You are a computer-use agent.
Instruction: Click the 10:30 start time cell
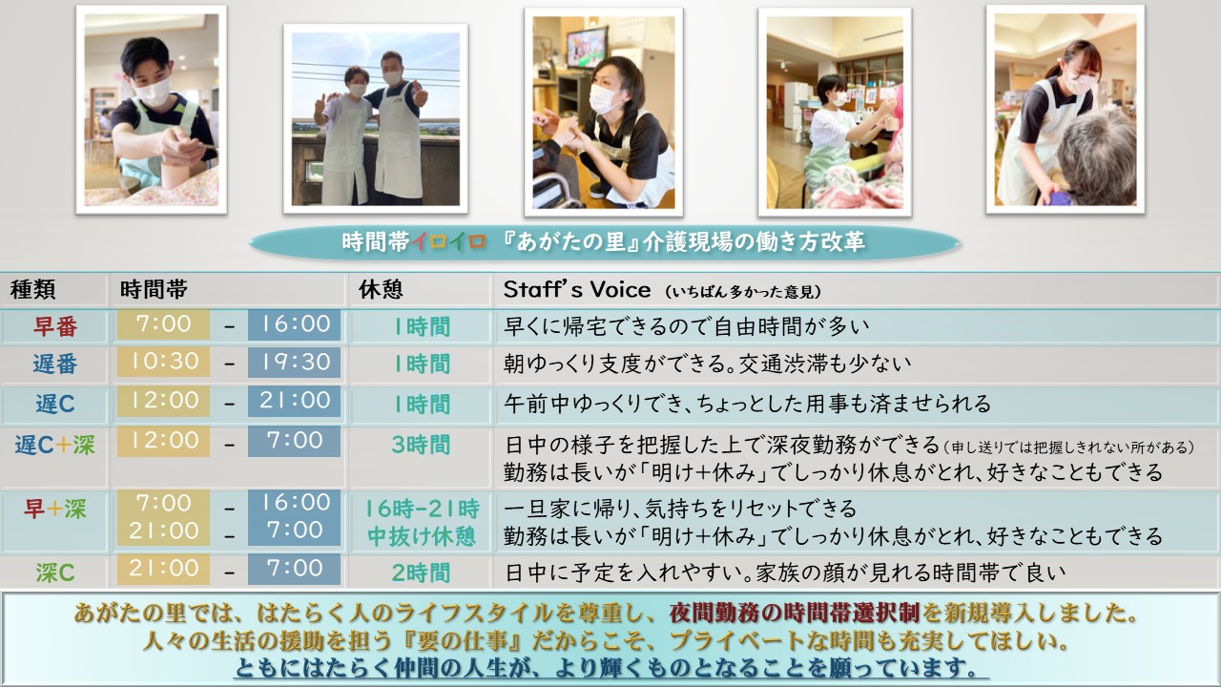(163, 362)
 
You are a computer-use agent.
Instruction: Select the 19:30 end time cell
(295, 362)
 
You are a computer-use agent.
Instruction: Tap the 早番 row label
(55, 326)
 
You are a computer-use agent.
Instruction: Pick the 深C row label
(55, 572)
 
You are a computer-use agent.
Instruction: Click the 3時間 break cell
(421, 445)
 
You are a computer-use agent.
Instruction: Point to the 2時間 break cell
(421, 572)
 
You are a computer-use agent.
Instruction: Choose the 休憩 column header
(381, 289)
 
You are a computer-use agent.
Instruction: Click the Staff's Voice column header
(577, 289)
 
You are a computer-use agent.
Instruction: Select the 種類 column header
(32, 289)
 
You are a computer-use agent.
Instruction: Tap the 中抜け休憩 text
(422, 536)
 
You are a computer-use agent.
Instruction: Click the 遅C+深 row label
(54, 445)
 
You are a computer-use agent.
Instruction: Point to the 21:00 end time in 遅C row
(295, 401)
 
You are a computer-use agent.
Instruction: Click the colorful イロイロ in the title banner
(448, 241)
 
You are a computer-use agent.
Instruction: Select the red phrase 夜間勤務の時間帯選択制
(795, 613)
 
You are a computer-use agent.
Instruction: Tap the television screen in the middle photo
(587, 47)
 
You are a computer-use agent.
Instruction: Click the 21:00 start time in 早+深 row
(163, 531)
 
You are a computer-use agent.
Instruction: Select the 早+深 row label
(55, 510)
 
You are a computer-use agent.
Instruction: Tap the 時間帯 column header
(154, 289)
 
